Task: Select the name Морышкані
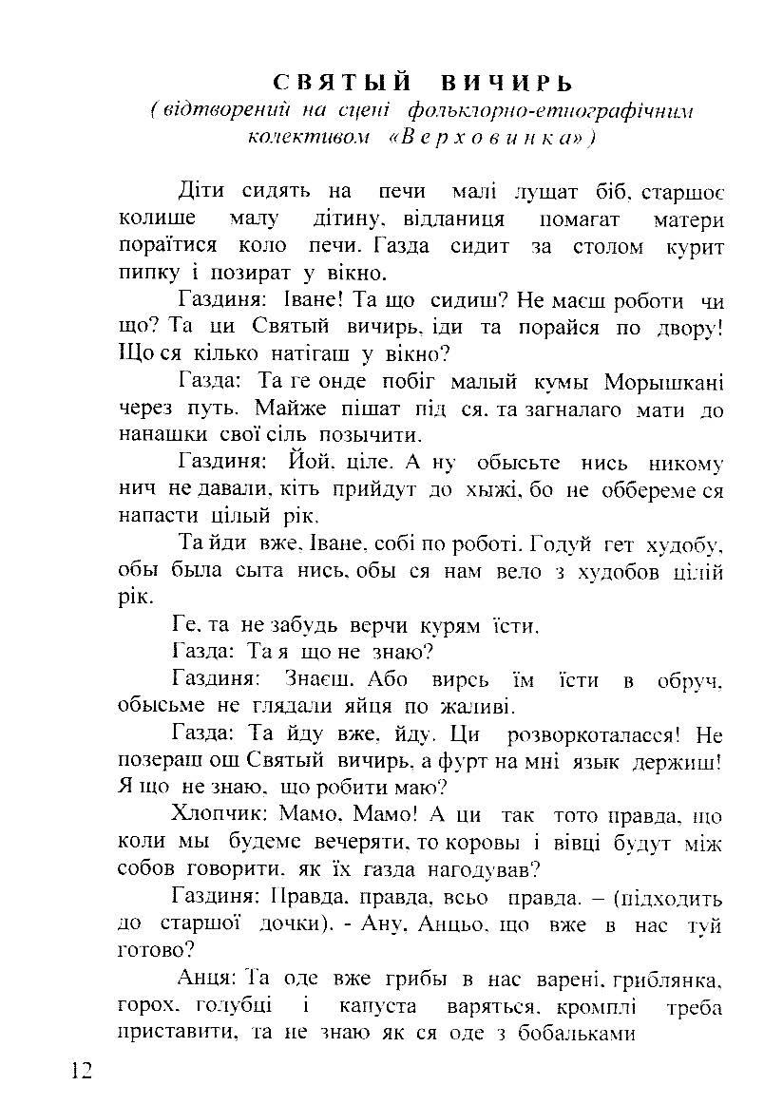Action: pyautogui.click(x=663, y=382)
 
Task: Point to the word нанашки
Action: pyautogui.click(x=158, y=435)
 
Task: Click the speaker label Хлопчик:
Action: pyautogui.click(x=220, y=815)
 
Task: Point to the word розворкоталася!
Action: pyautogui.click(x=596, y=734)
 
